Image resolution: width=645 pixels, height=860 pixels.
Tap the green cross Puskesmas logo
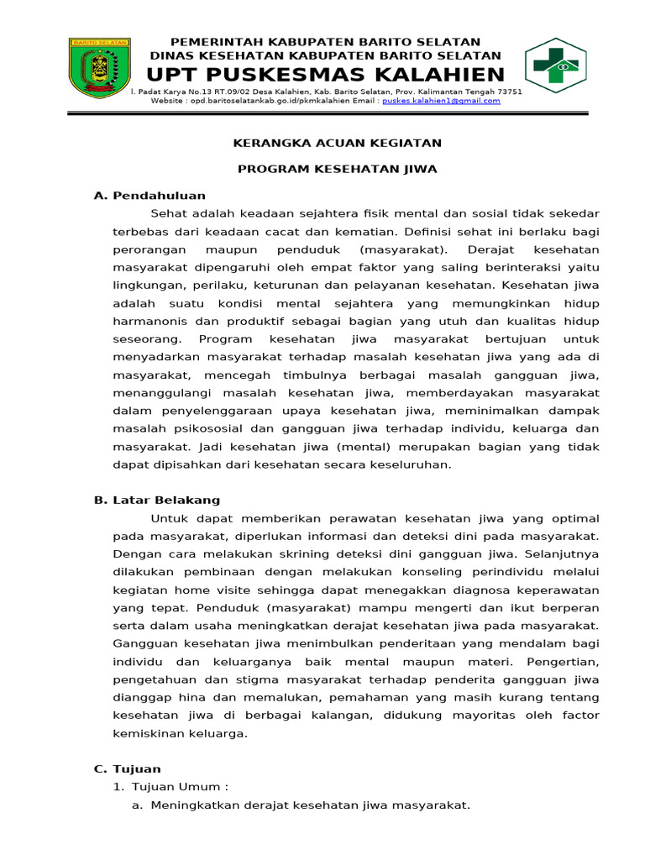click(x=557, y=66)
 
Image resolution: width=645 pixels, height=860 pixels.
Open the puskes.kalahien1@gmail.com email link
click(x=441, y=101)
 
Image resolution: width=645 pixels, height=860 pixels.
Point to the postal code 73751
click(x=509, y=92)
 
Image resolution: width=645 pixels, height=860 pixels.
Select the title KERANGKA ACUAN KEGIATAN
click(x=337, y=144)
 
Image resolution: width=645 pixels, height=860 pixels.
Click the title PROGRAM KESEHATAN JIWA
click(x=337, y=169)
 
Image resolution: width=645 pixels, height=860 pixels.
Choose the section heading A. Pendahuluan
click(x=149, y=196)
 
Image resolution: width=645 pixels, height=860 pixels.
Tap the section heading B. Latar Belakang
click(x=156, y=500)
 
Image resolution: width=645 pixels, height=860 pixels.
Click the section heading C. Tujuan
click(x=127, y=768)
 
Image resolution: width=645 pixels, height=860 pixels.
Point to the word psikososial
click(x=206, y=429)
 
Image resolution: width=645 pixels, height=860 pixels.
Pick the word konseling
click(x=401, y=572)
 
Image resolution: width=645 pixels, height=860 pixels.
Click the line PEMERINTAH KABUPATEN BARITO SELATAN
click(x=326, y=42)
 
